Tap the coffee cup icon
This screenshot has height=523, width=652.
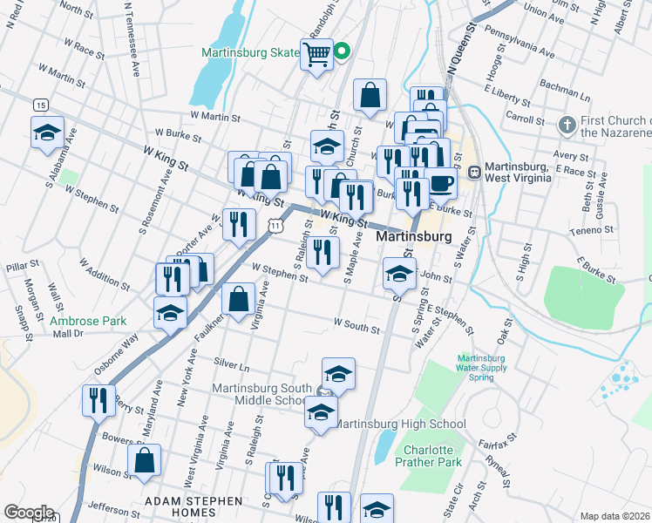click(442, 183)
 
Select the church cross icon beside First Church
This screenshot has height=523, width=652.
click(567, 126)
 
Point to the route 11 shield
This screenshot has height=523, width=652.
click(275, 225)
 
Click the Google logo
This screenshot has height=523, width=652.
click(28, 513)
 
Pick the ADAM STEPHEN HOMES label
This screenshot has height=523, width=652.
click(194, 501)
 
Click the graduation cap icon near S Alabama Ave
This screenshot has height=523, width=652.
click(47, 133)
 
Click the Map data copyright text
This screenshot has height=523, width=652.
click(615, 516)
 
